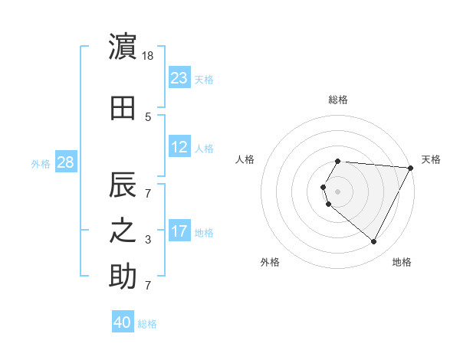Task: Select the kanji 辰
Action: click(x=123, y=185)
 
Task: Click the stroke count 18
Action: click(x=149, y=57)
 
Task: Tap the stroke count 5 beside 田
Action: click(x=148, y=117)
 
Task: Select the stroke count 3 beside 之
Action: click(x=148, y=240)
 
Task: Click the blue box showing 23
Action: click(x=179, y=77)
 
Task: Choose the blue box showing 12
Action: click(x=179, y=147)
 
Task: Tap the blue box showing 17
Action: click(x=179, y=231)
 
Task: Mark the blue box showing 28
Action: click(x=65, y=162)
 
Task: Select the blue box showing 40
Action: click(x=123, y=322)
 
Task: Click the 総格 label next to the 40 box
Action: click(x=147, y=324)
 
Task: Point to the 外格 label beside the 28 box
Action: click(x=40, y=164)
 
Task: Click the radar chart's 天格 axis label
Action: click(x=431, y=159)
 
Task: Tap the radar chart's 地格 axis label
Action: click(x=402, y=262)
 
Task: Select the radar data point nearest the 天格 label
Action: click(x=410, y=168)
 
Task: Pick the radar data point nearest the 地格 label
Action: click(x=374, y=242)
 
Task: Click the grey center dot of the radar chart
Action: click(x=338, y=191)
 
